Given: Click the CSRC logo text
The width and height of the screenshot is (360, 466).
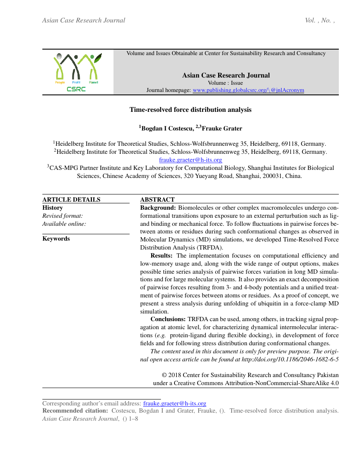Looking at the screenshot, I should [x=76, y=89].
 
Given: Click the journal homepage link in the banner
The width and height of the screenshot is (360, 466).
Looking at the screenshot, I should [x=248, y=90].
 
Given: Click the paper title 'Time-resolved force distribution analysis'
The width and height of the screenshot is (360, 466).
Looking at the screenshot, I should [x=190, y=110].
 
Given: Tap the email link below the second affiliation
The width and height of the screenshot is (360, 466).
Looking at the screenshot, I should [x=190, y=160].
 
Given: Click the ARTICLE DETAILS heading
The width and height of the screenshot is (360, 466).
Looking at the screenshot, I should [x=71, y=200].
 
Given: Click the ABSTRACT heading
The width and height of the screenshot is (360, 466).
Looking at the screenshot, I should [x=157, y=200].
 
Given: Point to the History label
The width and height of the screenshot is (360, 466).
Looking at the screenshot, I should [x=53, y=208].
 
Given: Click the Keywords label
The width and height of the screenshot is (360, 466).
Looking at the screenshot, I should [x=56, y=239].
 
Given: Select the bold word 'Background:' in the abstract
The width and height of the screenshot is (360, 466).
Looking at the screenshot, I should [x=158, y=208].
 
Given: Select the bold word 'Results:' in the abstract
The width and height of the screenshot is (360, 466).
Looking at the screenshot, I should [x=161, y=255].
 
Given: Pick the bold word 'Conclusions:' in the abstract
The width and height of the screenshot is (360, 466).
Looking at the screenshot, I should [x=168, y=319].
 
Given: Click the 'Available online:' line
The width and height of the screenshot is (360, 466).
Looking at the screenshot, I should [x=64, y=224].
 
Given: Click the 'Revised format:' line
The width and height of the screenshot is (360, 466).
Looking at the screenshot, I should [x=62, y=216].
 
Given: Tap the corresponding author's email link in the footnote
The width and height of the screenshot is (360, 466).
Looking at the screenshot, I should [x=174, y=404].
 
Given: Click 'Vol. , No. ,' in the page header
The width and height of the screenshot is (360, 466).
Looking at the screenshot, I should [x=320, y=20].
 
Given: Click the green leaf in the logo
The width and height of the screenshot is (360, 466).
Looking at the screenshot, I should [x=98, y=58].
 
